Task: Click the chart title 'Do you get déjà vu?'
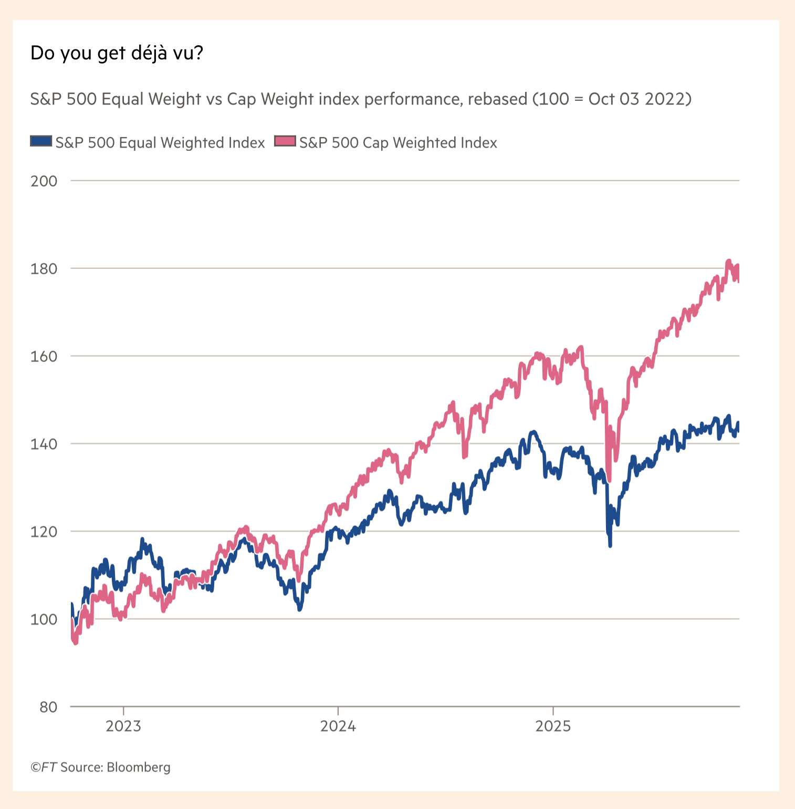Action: pyautogui.click(x=117, y=53)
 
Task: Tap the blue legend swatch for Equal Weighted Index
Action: pyautogui.click(x=41, y=141)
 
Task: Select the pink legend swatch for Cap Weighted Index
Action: pyautogui.click(x=285, y=141)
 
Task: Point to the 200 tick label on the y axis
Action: pyautogui.click(x=44, y=181)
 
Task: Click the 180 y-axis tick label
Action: pyautogui.click(x=44, y=269)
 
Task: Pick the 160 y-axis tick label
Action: pyautogui.click(x=44, y=357)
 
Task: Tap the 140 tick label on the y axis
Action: pyautogui.click(x=44, y=444)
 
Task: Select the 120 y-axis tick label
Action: pyautogui.click(x=44, y=532)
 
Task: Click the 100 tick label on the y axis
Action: pyautogui.click(x=44, y=620)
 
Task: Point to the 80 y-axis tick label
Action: pyautogui.click(x=48, y=708)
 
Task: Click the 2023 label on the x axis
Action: pyautogui.click(x=123, y=727)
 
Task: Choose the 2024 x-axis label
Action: pyautogui.click(x=338, y=727)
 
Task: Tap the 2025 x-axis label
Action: pyautogui.click(x=553, y=727)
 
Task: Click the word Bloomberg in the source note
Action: pyautogui.click(x=139, y=767)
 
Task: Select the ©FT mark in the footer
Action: pyautogui.click(x=43, y=767)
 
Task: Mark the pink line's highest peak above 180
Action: pyautogui.click(x=728, y=261)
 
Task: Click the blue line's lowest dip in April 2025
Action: pyautogui.click(x=610, y=546)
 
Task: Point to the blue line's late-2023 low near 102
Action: pyautogui.click(x=300, y=609)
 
